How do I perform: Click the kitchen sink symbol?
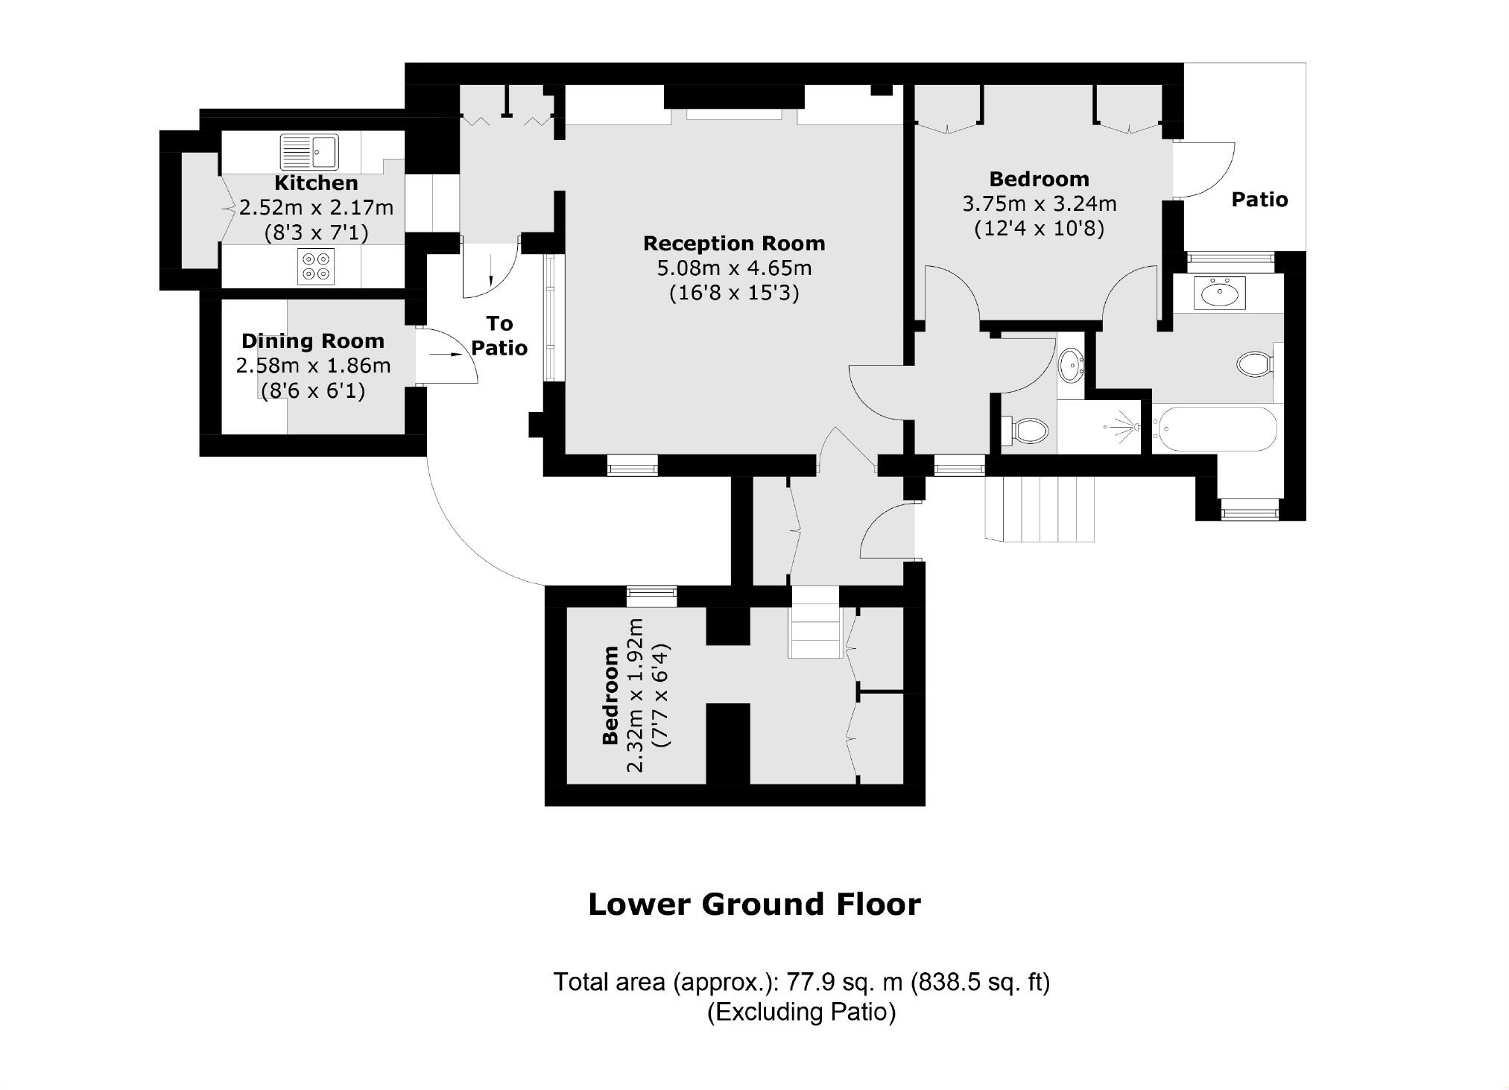pos(309,152)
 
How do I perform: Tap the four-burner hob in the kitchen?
pos(315,266)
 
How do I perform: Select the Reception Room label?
pos(734,244)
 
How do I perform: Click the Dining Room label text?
pos(313,341)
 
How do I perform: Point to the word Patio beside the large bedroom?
pos(1259,200)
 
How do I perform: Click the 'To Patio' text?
pos(499,335)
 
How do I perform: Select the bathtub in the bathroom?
pos(1215,428)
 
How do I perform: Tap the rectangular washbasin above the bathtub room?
pos(1219,292)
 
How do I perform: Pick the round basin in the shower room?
pos(1071,365)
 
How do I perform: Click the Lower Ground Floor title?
pos(754,904)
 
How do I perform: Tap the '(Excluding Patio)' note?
pos(801,1012)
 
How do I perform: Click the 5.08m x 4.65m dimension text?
pos(734,267)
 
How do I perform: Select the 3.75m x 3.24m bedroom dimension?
pos(1040,203)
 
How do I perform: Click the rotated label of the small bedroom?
pos(610,695)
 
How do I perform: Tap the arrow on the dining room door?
pos(446,355)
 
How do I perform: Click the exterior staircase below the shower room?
pos(1040,510)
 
